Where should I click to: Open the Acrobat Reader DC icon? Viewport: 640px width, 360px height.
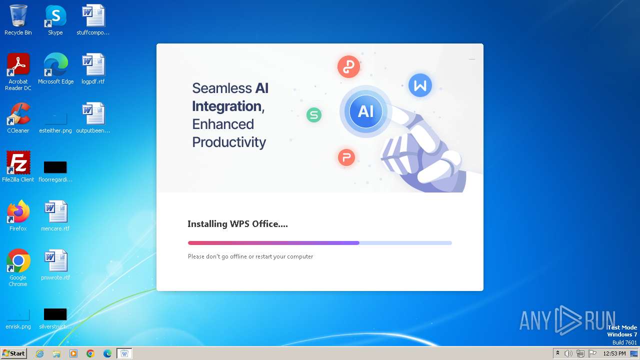click(x=18, y=65)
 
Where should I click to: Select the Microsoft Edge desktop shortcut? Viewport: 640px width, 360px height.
click(x=55, y=65)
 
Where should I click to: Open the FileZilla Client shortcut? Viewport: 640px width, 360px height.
click(x=18, y=163)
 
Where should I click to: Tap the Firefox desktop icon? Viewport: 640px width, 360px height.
click(x=18, y=212)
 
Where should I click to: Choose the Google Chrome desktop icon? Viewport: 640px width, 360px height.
click(x=18, y=261)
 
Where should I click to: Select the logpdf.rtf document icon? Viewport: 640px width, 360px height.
click(x=93, y=65)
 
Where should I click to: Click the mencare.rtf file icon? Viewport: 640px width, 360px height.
click(x=55, y=212)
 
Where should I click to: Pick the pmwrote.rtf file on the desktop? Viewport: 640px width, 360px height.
click(x=55, y=261)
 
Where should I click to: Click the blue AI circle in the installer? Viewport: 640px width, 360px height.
click(x=365, y=111)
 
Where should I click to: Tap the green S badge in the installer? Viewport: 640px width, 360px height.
click(x=313, y=115)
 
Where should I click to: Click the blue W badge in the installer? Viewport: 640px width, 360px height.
click(x=420, y=85)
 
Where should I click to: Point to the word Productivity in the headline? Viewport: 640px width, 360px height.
click(x=229, y=142)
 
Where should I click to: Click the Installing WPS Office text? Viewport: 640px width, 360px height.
click(x=237, y=224)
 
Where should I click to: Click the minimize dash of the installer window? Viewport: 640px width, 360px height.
click(x=472, y=59)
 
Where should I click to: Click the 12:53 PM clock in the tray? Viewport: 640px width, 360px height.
click(x=614, y=353)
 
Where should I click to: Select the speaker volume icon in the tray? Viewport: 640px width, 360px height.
click(x=568, y=353)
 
